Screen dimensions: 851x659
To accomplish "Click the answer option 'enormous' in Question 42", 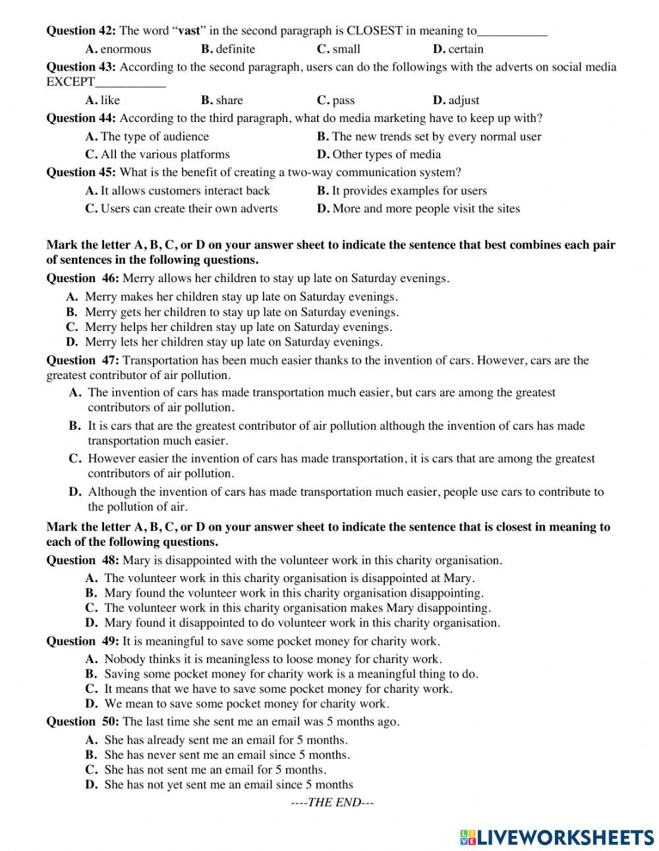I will coord(125,49).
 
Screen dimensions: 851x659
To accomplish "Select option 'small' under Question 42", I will coord(346,49).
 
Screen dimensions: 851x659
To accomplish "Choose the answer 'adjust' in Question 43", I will coord(463,100).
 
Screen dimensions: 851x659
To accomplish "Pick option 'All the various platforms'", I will coord(165,154).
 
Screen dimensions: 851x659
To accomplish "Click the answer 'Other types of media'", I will coord(386,154).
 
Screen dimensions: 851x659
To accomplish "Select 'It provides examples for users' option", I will coord(409,191).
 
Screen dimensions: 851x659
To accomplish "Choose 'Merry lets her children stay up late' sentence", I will coord(233,342).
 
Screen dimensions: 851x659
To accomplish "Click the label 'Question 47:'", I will coord(82,360).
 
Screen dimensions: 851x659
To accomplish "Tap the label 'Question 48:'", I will coord(82,560).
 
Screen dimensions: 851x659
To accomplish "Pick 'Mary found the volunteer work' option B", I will coord(293,593).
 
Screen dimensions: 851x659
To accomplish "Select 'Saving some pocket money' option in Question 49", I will coord(291,674).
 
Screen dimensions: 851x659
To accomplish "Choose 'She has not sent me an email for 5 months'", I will coord(215,769).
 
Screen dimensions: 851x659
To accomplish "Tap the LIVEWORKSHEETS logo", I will coord(557,836).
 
